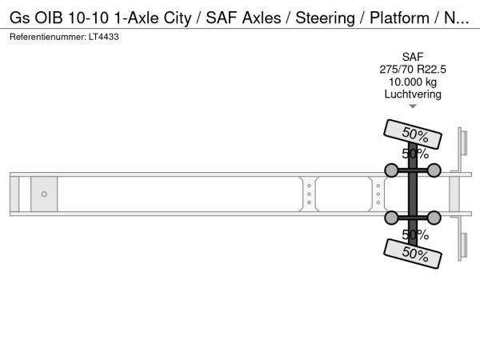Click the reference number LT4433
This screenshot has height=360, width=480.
pos(104,37)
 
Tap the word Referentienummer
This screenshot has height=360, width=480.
pos(48,37)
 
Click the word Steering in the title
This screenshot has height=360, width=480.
pos(325,18)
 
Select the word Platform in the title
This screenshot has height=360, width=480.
pos(399,18)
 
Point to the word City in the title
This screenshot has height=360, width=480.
pos(178,18)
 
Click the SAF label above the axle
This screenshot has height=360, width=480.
pos(413,57)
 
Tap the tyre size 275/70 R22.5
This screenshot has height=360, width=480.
pos(413,70)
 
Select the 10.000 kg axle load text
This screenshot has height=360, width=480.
pos(413,82)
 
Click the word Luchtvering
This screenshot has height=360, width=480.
pos(413,94)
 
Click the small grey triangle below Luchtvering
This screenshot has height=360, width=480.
pos(413,106)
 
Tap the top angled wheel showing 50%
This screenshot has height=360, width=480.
pos(413,134)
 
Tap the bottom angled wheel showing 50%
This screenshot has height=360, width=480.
pos(413,254)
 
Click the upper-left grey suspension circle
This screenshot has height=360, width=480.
pos(391,170)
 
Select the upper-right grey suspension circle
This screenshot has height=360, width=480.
pos(434,170)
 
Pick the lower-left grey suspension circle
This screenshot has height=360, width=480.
pos(391,218)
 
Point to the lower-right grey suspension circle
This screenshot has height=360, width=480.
pos(434,218)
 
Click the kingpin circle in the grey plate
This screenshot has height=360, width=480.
pos(44,194)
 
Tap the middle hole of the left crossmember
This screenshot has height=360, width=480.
pos(309,194)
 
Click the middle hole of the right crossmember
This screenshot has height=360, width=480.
pos(378,194)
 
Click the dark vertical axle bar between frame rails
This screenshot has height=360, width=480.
pos(413,194)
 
